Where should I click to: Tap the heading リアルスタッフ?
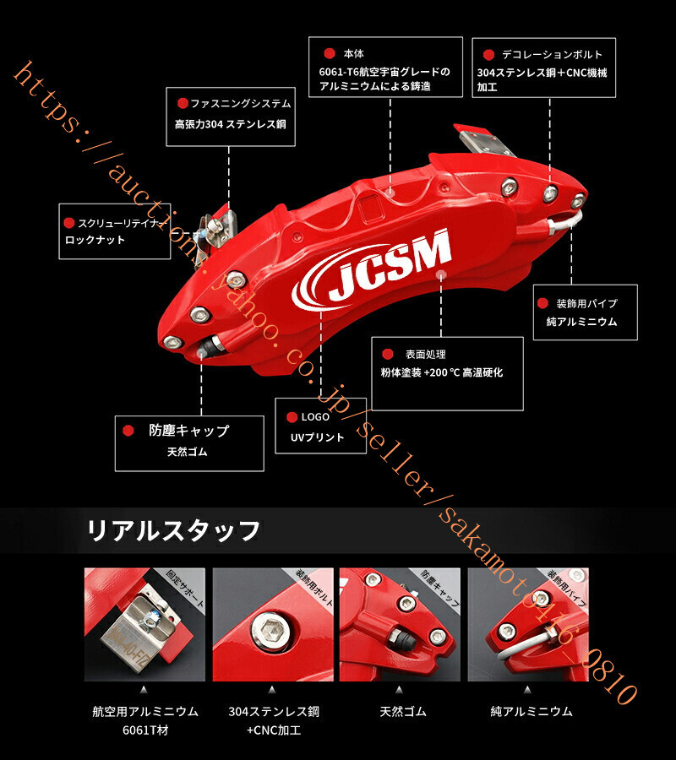point(172,531)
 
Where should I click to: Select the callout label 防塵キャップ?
point(188,431)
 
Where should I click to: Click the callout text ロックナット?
point(95,240)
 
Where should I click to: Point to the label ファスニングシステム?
point(240,103)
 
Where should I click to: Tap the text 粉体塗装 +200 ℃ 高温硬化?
point(441,372)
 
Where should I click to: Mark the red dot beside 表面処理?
point(388,355)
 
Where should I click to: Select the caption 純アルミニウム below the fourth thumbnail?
point(532,711)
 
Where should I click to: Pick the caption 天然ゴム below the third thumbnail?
point(401,711)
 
